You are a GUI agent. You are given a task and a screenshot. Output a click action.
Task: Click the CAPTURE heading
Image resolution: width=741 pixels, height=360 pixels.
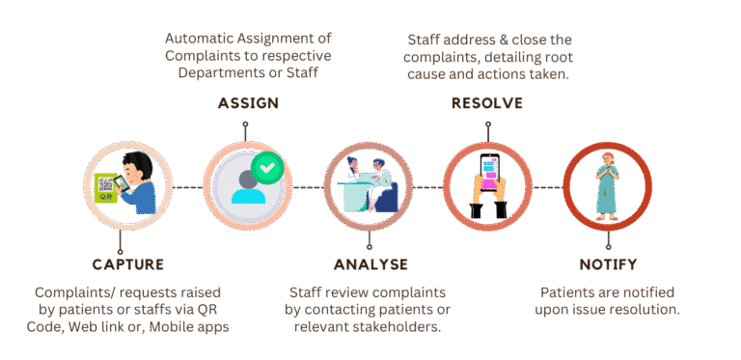tap(128, 264)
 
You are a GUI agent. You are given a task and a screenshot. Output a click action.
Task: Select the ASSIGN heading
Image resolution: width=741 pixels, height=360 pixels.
tap(248, 103)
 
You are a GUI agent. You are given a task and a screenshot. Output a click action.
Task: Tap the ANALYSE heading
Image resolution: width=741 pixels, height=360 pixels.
tap(370, 264)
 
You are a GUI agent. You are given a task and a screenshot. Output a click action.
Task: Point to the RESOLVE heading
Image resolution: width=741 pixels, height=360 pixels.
tap(487, 103)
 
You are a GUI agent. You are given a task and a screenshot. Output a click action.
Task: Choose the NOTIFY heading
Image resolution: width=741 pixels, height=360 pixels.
tap(608, 264)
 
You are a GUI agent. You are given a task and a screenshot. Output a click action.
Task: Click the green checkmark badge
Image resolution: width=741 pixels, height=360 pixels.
tap(267, 168)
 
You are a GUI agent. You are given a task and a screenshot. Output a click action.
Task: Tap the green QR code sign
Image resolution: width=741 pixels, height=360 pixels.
tap(106, 188)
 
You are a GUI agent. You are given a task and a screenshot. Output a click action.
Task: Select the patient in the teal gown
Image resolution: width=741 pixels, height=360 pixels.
tap(607, 186)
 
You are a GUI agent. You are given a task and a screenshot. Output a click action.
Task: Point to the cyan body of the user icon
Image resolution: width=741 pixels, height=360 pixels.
tap(249, 195)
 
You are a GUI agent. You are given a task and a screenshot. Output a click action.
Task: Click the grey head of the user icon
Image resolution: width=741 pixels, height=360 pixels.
tap(249, 180)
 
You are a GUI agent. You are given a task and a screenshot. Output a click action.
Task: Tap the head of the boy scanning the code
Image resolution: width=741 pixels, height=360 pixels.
tap(136, 166)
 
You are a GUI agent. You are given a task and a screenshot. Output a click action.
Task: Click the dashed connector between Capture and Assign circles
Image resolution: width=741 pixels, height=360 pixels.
tap(187, 187)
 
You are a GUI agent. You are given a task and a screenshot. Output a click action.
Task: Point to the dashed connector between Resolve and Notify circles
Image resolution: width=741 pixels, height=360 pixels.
tap(548, 187)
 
